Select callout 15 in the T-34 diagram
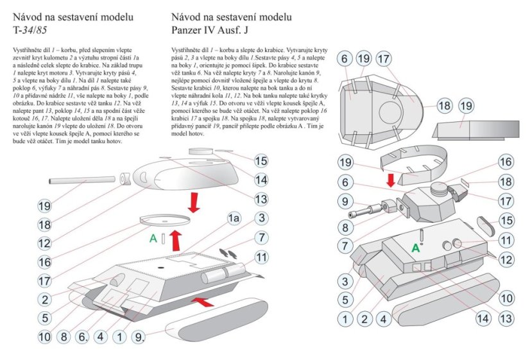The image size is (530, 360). pos(261,160)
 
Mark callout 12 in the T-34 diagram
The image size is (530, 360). pos(44,243)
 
